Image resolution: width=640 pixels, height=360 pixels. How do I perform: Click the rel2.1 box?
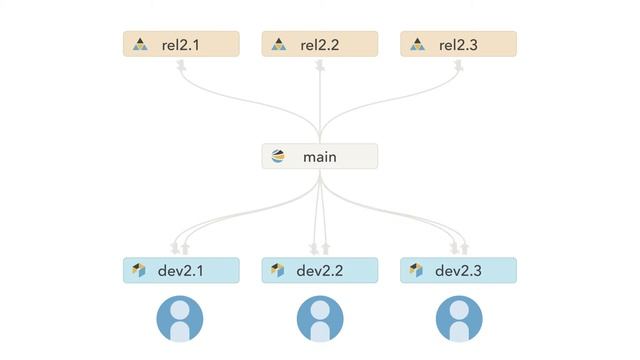click(x=181, y=44)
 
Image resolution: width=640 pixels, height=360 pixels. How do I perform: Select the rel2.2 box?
click(x=320, y=44)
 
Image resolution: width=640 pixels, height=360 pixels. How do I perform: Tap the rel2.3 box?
click(x=458, y=44)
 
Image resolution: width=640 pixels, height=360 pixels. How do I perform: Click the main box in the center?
click(x=320, y=156)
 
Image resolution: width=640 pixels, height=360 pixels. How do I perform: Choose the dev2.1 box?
click(x=181, y=270)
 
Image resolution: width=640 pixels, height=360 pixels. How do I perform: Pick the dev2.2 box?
click(x=320, y=270)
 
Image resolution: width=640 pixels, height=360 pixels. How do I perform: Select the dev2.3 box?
click(x=458, y=270)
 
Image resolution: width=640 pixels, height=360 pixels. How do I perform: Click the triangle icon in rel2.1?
click(x=140, y=44)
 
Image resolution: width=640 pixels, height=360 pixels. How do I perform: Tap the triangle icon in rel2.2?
click(x=279, y=44)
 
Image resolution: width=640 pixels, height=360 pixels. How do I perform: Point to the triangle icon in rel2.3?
click(x=418, y=44)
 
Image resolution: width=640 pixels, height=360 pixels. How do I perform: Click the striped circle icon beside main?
click(x=278, y=156)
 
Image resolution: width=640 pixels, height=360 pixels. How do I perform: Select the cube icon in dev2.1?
click(x=139, y=270)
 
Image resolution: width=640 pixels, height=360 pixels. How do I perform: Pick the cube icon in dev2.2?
click(x=278, y=270)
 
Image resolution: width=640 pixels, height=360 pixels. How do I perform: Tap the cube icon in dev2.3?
click(x=416, y=270)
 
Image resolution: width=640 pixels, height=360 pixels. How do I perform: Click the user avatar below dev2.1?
click(x=180, y=319)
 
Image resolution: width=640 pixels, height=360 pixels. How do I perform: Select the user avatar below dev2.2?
click(x=320, y=319)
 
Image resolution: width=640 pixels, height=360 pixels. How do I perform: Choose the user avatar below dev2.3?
click(x=459, y=319)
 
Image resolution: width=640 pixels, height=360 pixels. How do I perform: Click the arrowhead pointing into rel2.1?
click(x=181, y=65)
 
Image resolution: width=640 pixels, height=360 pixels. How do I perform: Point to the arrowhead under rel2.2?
click(x=320, y=65)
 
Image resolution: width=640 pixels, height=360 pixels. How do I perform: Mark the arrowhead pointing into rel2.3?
click(x=459, y=65)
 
